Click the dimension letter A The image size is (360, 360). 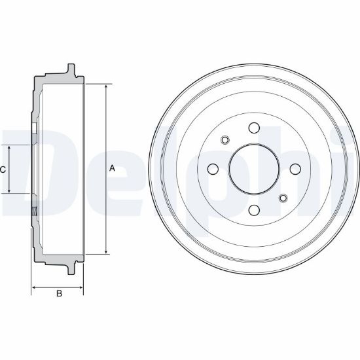[x=112, y=168]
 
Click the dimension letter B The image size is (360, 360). [x=59, y=293]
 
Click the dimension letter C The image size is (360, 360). [x=3, y=170]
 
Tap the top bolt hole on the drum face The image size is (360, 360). [x=254, y=128]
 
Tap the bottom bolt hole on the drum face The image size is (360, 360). [x=254, y=210]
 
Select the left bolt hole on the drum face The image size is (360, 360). [x=213, y=169]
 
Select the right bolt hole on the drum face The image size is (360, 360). [x=295, y=169]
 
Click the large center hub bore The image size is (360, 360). [x=254, y=169]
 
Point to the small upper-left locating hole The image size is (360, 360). [x=225, y=139]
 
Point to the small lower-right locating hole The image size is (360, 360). [x=283, y=198]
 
